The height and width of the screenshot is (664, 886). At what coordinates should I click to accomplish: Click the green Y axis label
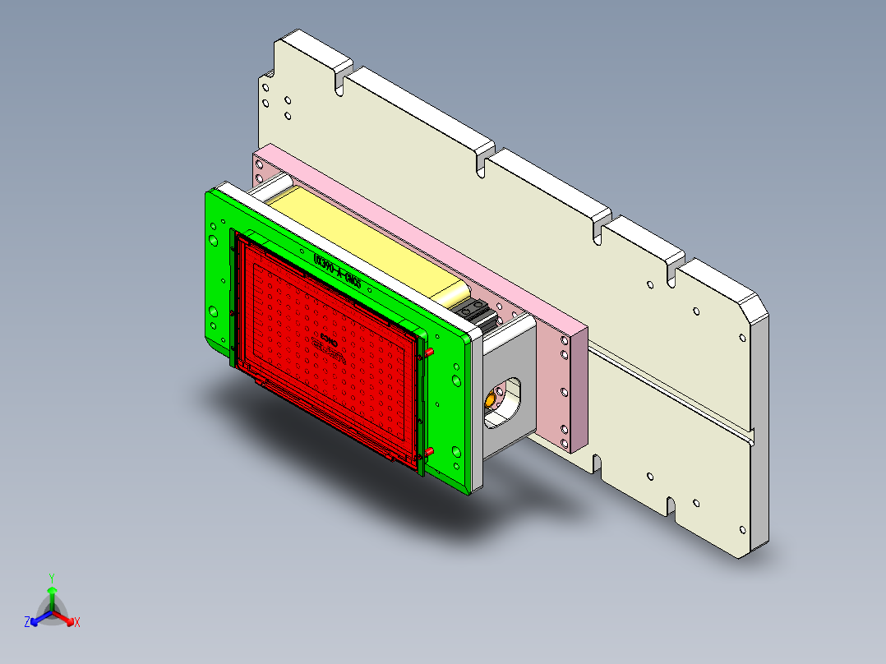(51, 578)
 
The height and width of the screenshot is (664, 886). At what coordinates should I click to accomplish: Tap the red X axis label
(77, 623)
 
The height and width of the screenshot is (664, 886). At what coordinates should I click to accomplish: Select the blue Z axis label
(27, 623)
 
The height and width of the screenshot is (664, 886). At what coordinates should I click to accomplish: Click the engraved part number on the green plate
(338, 272)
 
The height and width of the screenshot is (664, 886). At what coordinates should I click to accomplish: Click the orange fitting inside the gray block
(491, 400)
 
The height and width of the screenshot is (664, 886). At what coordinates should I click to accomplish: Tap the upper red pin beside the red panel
(428, 352)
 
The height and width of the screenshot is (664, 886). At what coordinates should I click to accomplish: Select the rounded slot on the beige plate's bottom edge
(671, 505)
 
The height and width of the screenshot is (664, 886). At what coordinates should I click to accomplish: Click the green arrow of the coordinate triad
(52, 598)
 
